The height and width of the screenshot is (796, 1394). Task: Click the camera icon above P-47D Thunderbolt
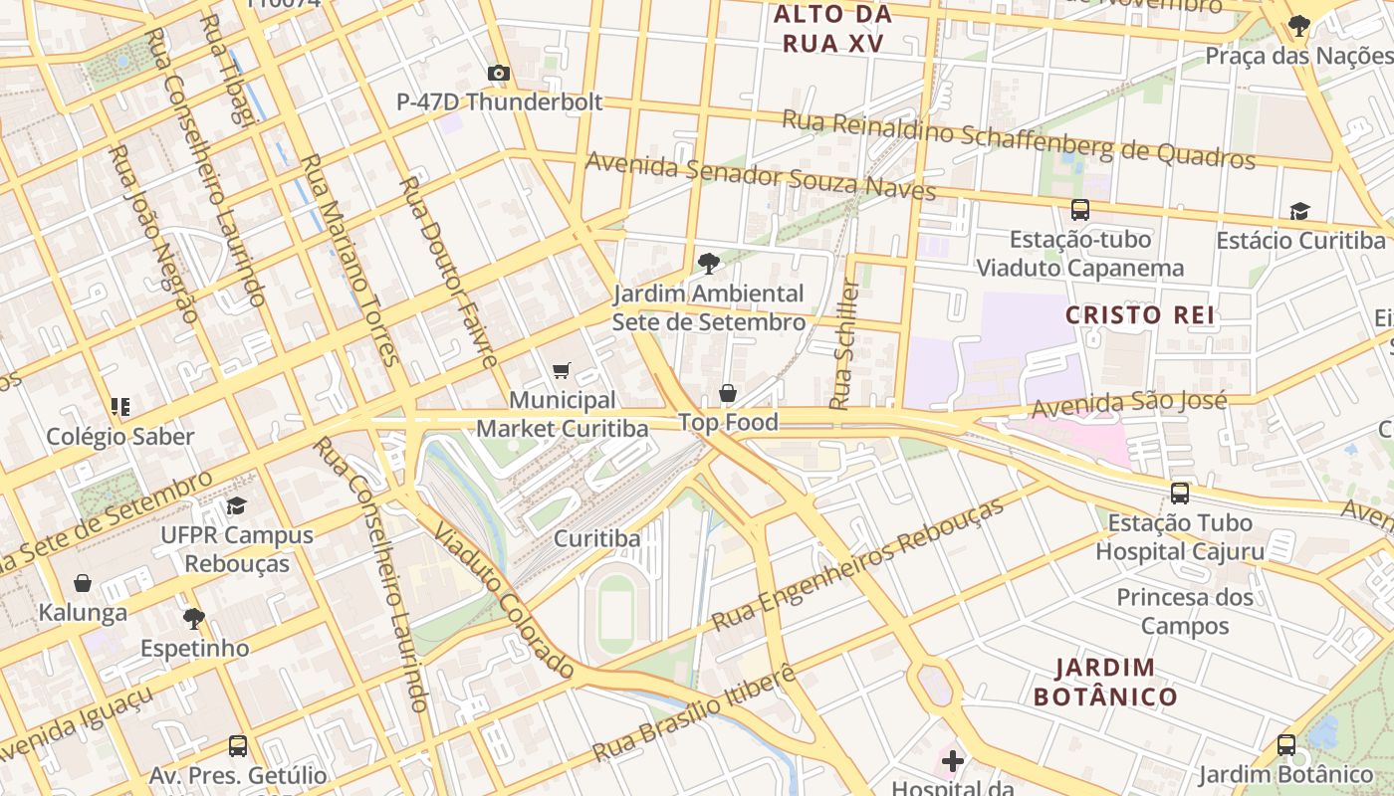(x=499, y=73)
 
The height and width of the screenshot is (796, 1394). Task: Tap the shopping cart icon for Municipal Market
(x=562, y=371)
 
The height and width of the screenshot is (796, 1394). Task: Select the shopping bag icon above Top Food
(x=728, y=394)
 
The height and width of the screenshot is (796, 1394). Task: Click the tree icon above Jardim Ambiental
(x=708, y=264)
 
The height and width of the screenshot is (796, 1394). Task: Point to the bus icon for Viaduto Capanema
(x=1080, y=210)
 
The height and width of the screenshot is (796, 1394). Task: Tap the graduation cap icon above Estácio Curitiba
(x=1299, y=211)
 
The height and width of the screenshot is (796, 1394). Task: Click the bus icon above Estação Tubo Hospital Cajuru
(x=1180, y=493)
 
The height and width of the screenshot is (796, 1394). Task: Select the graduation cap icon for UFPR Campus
(x=236, y=505)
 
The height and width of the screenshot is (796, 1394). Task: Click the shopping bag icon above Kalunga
(x=83, y=583)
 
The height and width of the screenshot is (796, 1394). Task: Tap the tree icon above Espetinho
(x=194, y=619)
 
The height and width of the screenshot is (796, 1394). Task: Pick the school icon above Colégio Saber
(x=120, y=406)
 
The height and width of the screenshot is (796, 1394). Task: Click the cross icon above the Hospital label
(x=953, y=761)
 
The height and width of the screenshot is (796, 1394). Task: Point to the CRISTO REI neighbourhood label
(x=1140, y=315)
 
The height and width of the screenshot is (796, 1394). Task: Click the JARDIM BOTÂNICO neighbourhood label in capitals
(x=1105, y=682)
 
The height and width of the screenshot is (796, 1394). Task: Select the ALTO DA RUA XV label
(x=832, y=29)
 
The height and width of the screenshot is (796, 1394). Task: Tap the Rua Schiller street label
(x=844, y=344)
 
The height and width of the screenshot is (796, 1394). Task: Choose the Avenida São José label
(x=1128, y=405)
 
